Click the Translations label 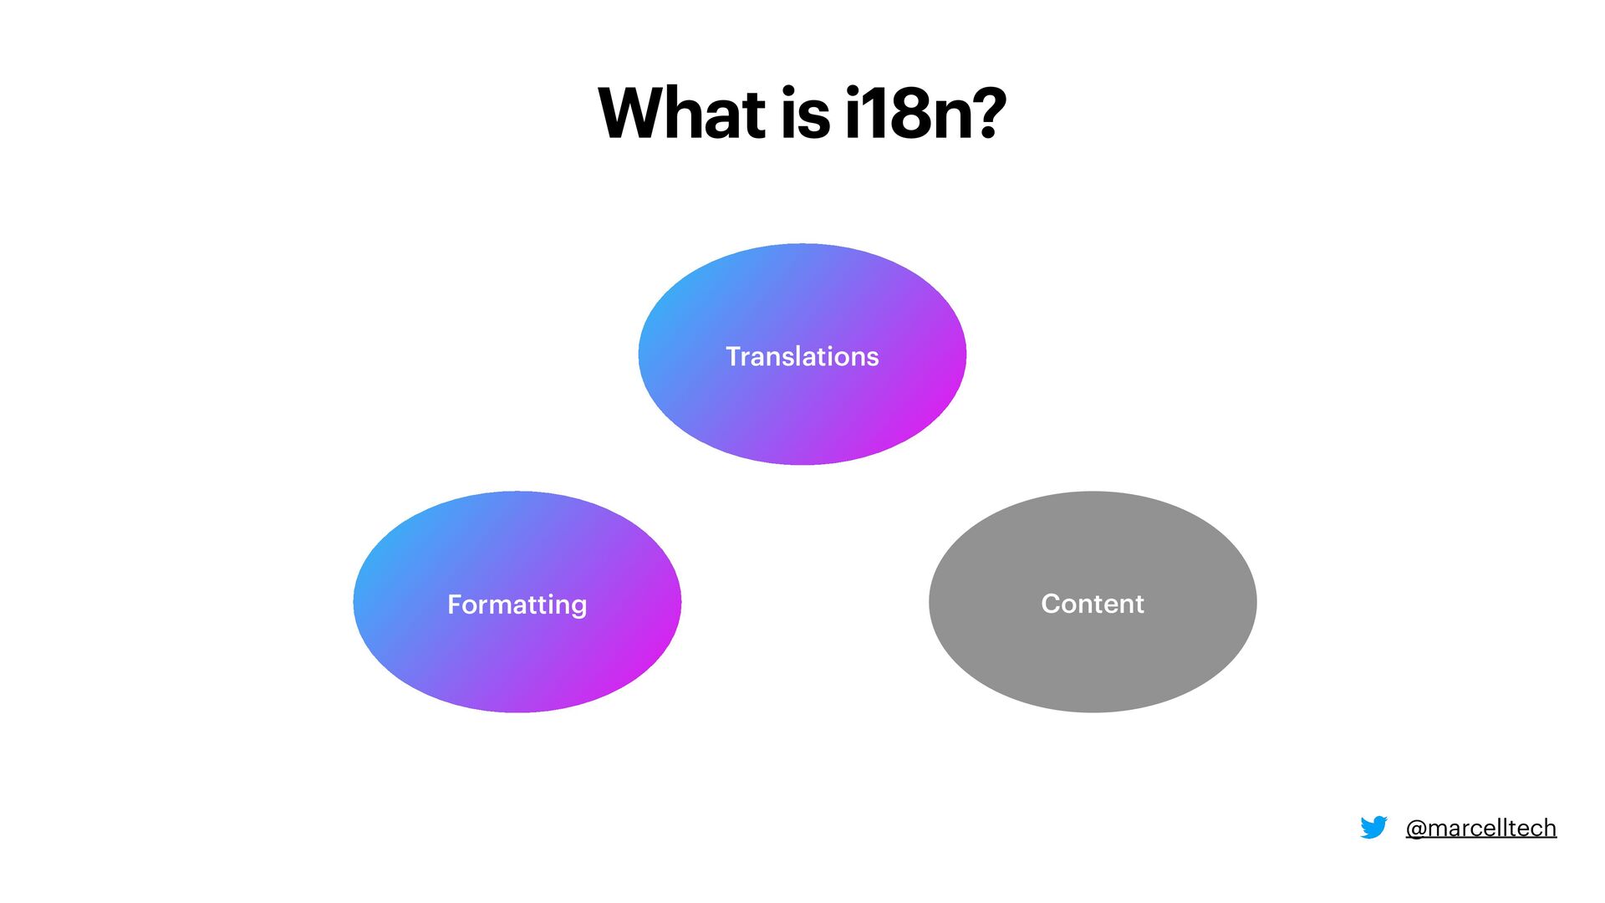tap(802, 357)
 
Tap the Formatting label tap(517, 605)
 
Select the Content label tap(1092, 604)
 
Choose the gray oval tap(1092, 661)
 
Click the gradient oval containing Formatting tap(517, 661)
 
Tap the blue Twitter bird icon tap(1373, 828)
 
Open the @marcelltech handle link tap(1480, 828)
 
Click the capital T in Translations tap(733, 357)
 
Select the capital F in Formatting tap(455, 605)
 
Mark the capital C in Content tap(1051, 604)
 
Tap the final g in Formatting tap(578, 607)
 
